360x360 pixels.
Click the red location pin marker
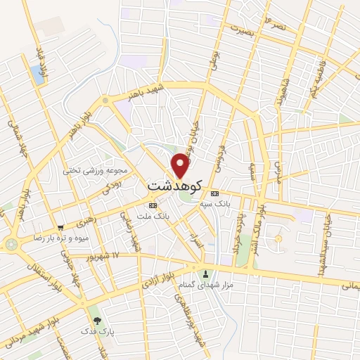pyautogui.click(x=181, y=165)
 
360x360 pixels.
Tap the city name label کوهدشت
pyautogui.click(x=175, y=186)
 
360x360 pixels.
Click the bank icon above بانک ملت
pyautogui.click(x=153, y=205)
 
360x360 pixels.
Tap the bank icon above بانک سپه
pyautogui.click(x=214, y=193)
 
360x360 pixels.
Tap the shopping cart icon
pyautogui.click(x=61, y=228)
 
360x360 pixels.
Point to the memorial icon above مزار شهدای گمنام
pyautogui.click(x=205, y=274)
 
